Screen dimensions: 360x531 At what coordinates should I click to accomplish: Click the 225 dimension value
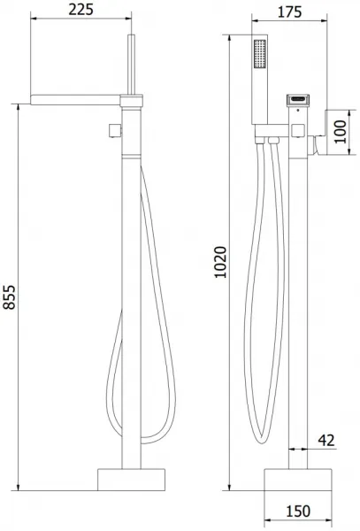tap(80, 10)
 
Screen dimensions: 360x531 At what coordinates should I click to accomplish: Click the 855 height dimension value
tap(10, 297)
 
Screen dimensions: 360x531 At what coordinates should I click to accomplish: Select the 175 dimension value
tap(289, 12)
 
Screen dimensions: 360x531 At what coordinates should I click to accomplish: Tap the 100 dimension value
tap(341, 132)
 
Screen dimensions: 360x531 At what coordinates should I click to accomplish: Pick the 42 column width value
tap(326, 440)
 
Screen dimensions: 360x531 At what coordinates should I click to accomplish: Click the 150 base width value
tap(298, 512)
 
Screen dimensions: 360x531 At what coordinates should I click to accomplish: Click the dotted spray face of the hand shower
tap(260, 54)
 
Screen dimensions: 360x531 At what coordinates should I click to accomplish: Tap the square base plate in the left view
tap(131, 480)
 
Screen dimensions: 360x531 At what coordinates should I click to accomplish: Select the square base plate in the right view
tap(298, 480)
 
